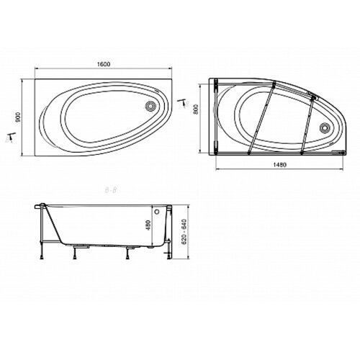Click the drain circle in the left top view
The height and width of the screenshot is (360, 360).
150,106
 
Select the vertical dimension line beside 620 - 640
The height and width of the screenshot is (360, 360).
173,232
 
